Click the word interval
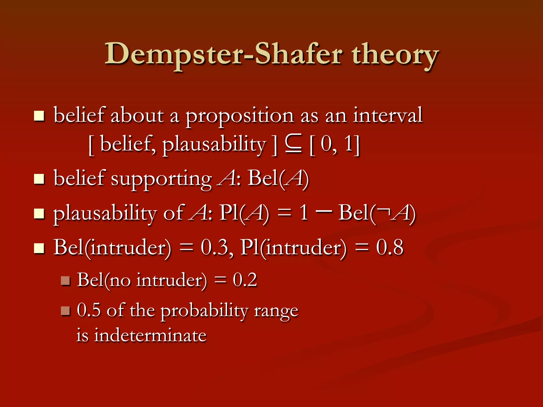[x=387, y=115]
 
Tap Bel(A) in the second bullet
[x=278, y=178]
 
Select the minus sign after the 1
[x=324, y=211]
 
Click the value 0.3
[x=214, y=247]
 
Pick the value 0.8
[x=389, y=247]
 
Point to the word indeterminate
[x=150, y=335]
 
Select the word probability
[x=204, y=311]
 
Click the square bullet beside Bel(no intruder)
[x=65, y=281]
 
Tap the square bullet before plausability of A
[x=39, y=214]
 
